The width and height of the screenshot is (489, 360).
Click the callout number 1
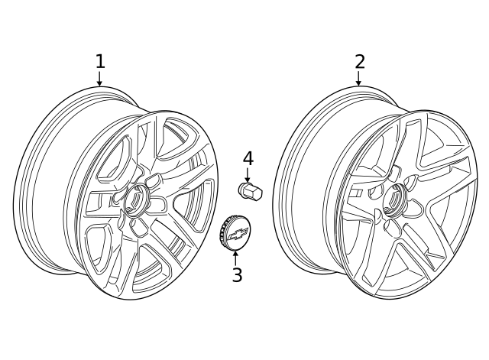(x=99, y=61)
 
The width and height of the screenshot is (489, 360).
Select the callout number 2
(x=359, y=61)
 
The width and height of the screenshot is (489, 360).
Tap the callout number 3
(x=237, y=275)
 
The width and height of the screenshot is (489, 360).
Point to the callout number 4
(x=248, y=159)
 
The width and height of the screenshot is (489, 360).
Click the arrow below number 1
(x=99, y=79)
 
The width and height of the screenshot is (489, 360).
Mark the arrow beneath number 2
(x=358, y=79)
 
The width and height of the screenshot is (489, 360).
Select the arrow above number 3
(x=236, y=256)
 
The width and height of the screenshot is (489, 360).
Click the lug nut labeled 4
(x=250, y=191)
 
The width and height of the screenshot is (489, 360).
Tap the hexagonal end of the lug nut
(x=256, y=193)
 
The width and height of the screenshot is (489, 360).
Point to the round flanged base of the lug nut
(x=244, y=188)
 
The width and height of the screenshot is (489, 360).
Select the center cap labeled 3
(x=235, y=232)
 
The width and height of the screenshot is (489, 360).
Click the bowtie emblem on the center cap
(x=238, y=233)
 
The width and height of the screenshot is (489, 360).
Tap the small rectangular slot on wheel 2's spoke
(x=355, y=193)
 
